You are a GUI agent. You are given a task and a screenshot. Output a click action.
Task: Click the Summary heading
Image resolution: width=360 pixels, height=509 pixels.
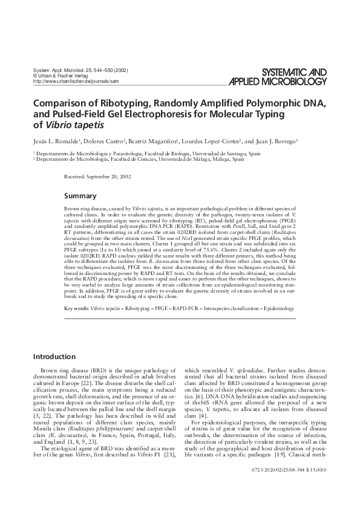point(80,196)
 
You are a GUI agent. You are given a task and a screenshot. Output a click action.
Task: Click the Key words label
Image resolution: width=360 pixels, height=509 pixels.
point(75,308)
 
